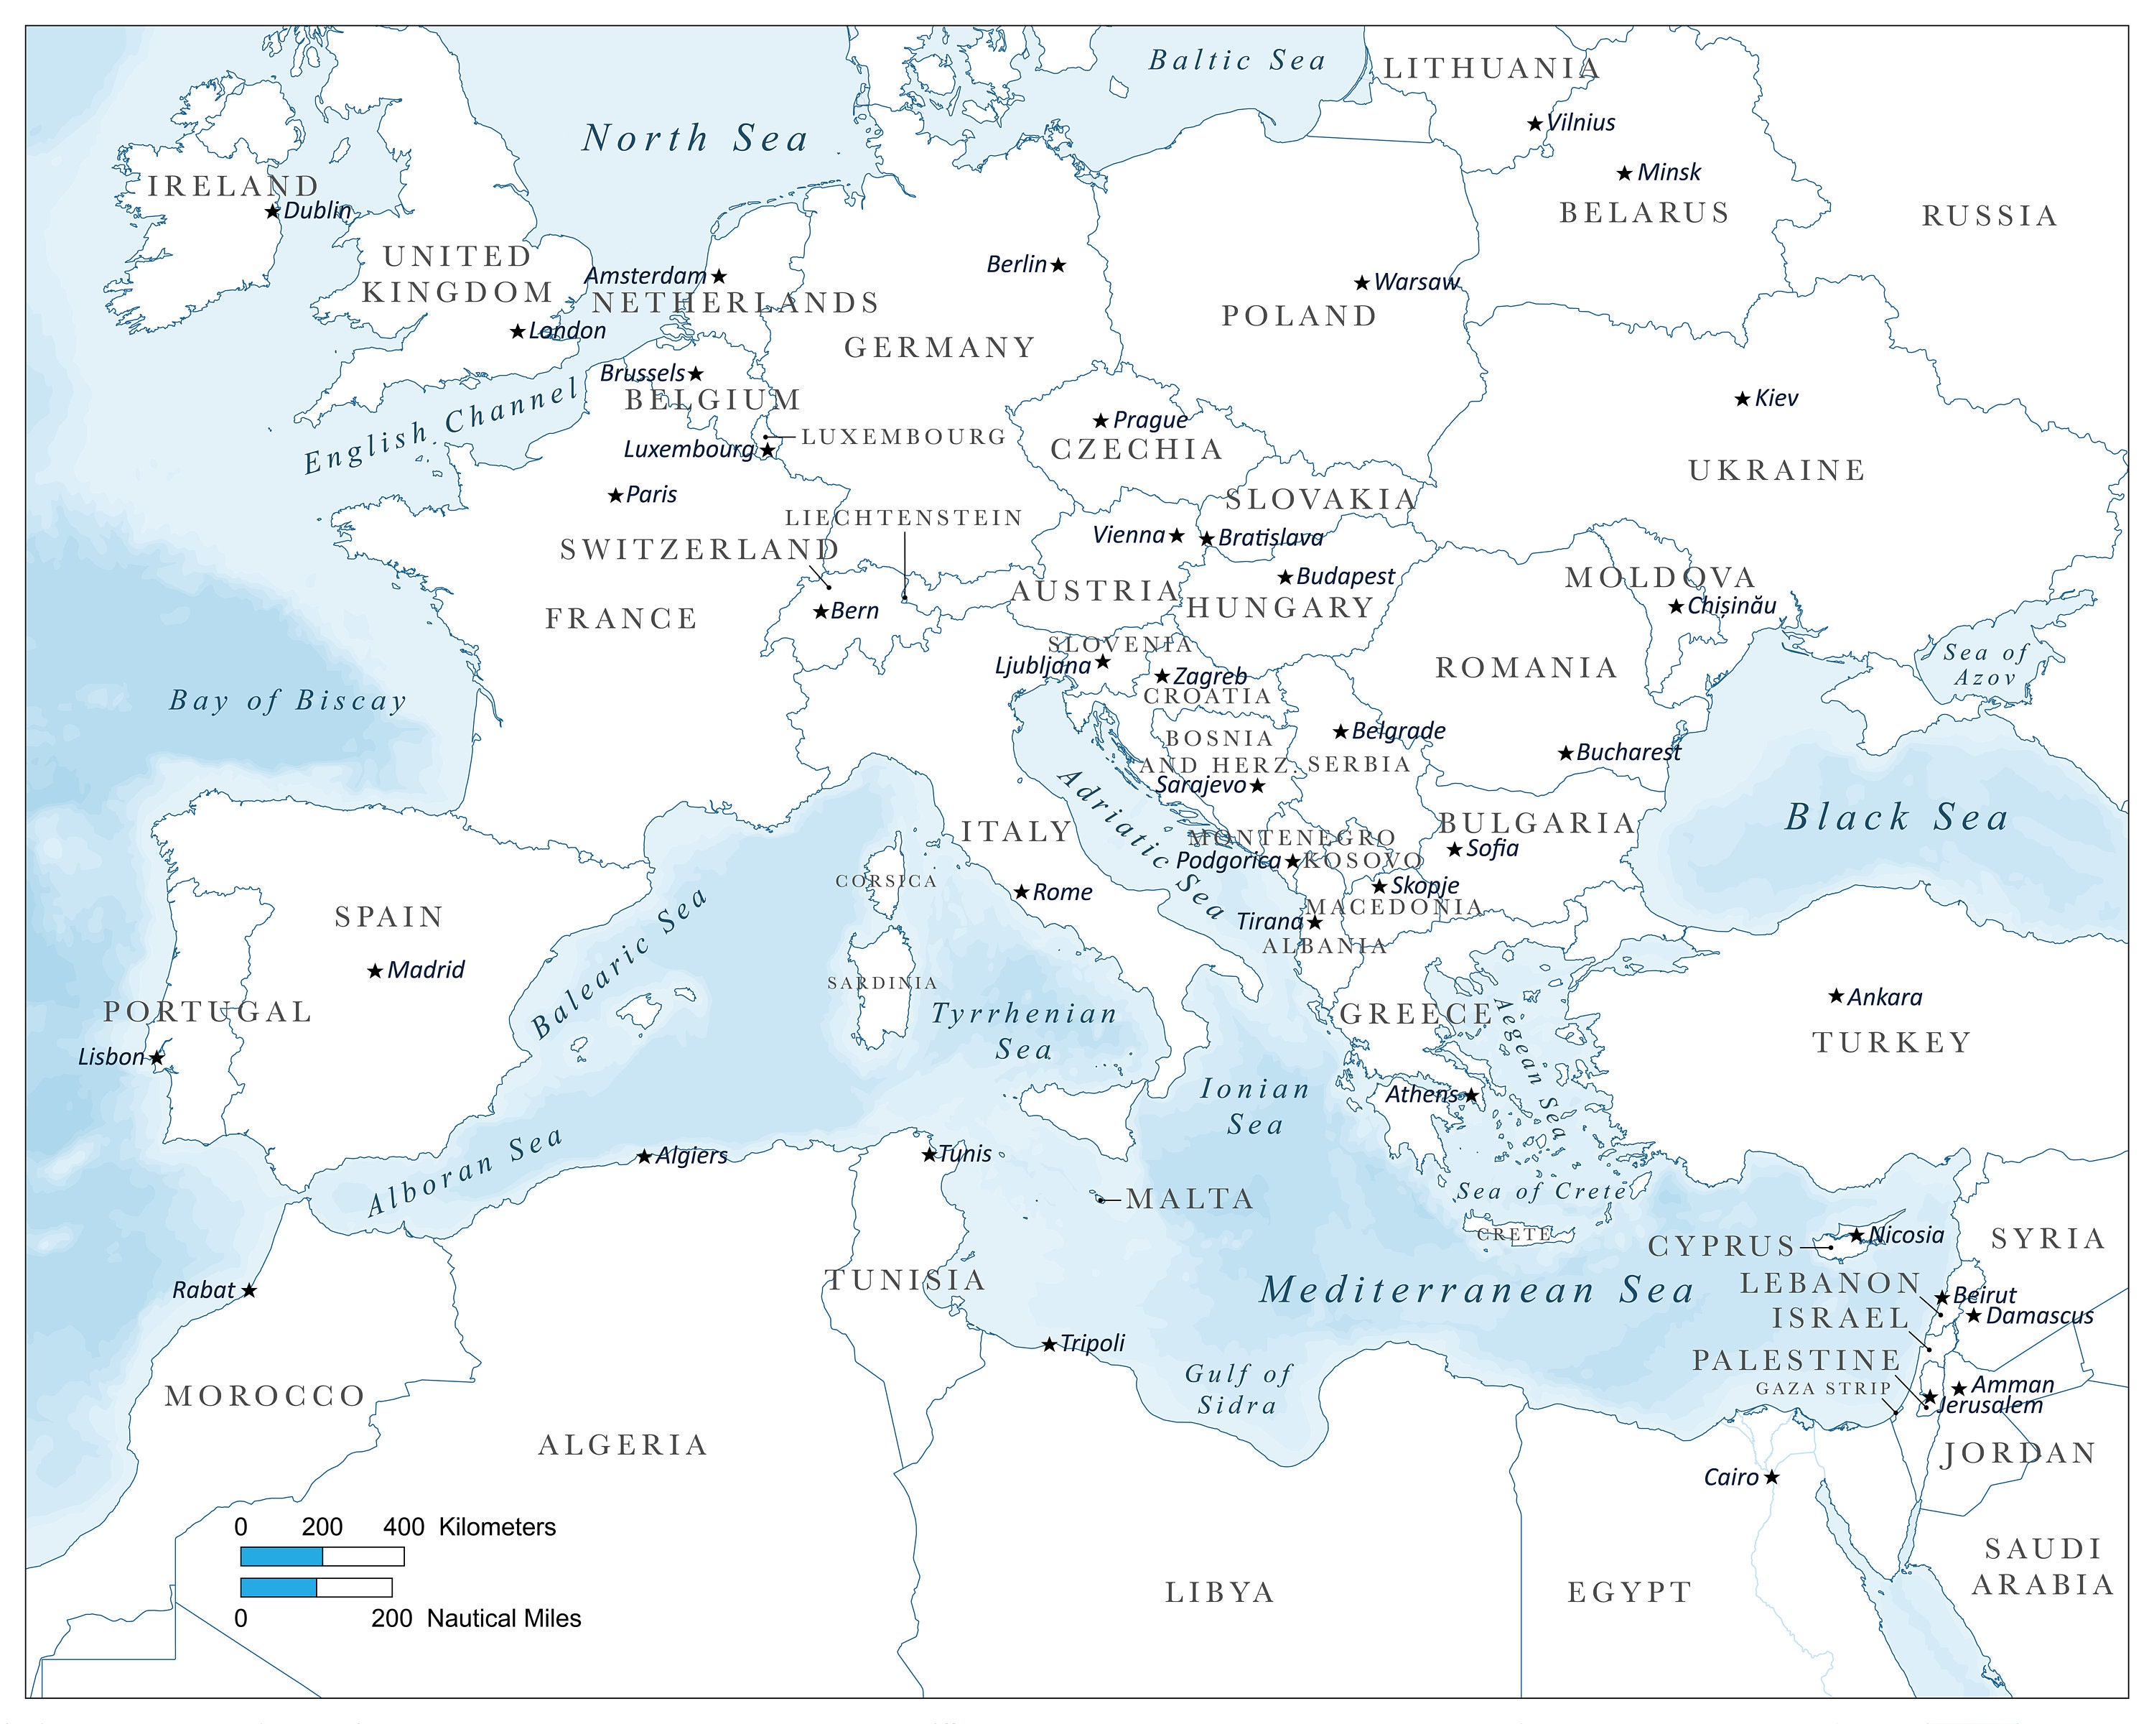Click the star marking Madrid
[375, 971]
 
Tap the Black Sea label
[1896, 817]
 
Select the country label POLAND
[1299, 316]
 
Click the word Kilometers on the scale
[497, 1527]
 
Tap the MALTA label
[1189, 1200]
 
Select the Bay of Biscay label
[288, 700]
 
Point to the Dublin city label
[317, 211]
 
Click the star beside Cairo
[1771, 1477]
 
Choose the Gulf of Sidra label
[1238, 1390]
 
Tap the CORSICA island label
[886, 881]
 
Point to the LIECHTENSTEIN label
[903, 518]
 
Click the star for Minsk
[1625, 174]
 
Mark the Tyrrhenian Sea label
[1024, 1032]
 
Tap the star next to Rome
[1021, 892]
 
